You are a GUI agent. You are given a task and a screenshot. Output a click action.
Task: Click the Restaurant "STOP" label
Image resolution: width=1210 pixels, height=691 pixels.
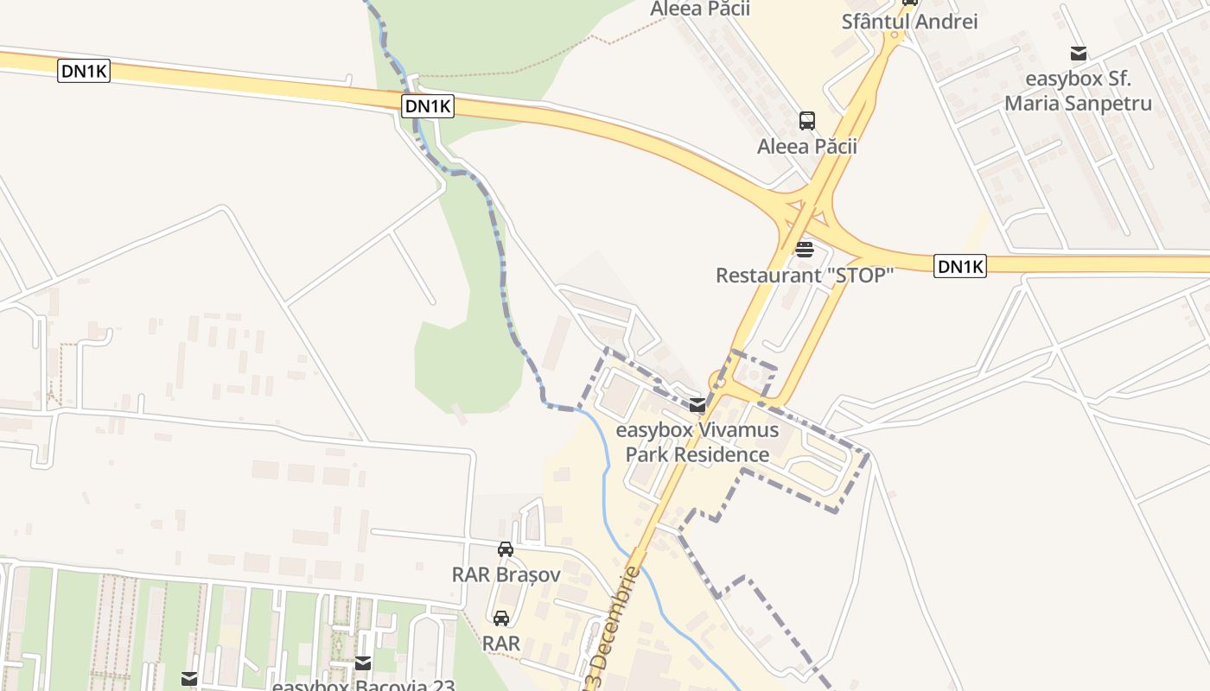804,276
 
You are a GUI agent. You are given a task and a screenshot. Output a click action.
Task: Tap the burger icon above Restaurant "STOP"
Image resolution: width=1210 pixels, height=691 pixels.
805,250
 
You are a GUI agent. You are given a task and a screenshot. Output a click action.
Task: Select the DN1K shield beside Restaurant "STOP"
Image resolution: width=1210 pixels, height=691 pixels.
960,267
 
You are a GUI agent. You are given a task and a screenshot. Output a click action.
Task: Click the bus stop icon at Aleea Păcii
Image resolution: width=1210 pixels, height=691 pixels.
807,121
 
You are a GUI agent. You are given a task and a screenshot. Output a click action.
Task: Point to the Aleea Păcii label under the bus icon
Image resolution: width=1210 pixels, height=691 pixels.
807,146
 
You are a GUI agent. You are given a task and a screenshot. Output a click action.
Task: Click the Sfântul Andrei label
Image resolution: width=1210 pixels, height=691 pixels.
909,22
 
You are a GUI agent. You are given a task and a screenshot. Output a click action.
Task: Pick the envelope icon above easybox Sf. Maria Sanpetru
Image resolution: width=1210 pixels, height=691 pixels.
1079,53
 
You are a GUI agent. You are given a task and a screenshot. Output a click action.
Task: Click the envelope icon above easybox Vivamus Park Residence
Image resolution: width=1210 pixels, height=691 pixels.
697,405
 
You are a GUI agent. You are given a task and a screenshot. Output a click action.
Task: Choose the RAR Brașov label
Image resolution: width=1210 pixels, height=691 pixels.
506,574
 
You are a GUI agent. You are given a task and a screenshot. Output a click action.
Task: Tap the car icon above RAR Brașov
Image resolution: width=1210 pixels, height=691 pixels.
506,548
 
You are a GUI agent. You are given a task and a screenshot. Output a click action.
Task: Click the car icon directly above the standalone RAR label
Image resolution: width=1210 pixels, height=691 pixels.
501,618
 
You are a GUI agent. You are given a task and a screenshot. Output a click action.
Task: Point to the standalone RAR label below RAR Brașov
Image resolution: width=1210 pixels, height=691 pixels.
501,643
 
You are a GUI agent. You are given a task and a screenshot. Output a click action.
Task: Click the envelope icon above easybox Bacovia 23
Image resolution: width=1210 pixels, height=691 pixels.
363,663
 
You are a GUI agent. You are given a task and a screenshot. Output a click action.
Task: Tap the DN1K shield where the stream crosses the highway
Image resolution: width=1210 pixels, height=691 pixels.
428,106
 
